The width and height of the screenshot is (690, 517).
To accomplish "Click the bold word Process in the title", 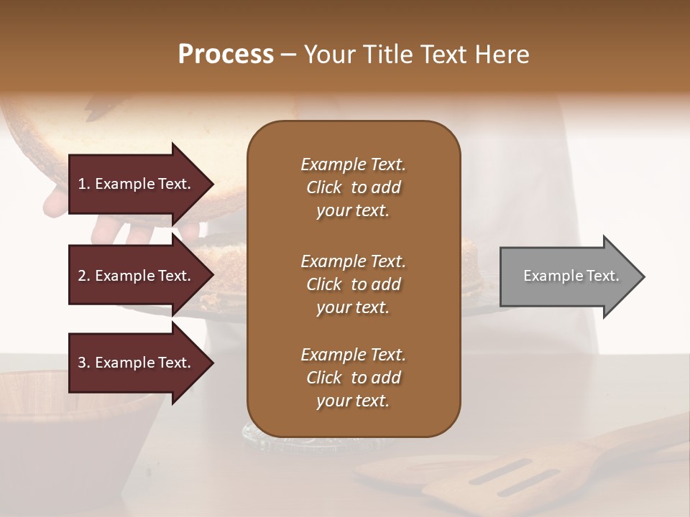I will tap(226, 55).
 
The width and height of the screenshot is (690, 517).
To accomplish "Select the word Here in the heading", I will tap(501, 55).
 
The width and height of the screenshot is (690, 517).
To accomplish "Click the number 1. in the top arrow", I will tap(84, 184).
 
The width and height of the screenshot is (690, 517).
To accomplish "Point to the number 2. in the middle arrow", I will tap(84, 276).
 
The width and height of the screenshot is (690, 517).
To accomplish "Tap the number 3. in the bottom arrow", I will tap(84, 363).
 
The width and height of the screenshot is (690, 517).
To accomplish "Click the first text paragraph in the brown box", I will tap(353, 187).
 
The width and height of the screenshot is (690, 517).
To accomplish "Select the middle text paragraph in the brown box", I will tap(353, 284).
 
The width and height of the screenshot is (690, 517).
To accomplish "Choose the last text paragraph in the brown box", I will tap(353, 378).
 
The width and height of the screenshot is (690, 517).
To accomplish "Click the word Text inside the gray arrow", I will tap(603, 276).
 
